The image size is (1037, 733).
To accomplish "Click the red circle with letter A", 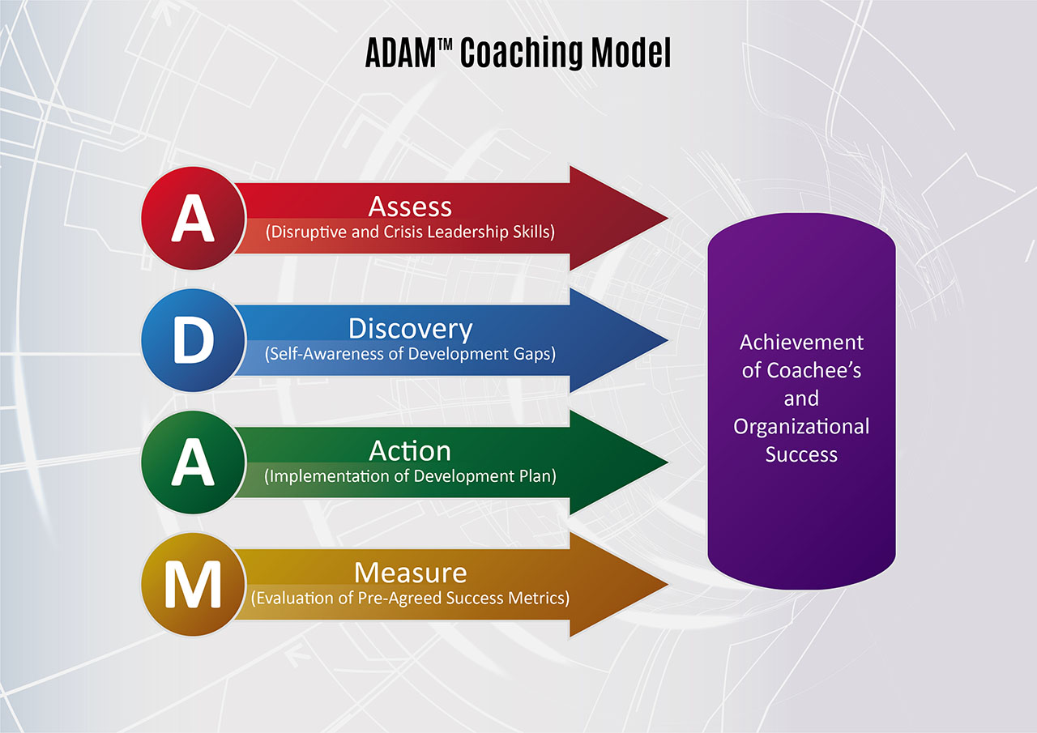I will tap(193, 219).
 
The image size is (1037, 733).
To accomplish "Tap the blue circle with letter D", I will tap(193, 340).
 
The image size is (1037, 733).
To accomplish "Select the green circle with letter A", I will tap(193, 462).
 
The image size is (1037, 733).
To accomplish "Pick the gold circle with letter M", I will tap(193, 585).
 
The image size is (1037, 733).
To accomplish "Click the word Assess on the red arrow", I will tap(410, 207).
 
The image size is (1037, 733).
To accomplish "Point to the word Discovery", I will tap(410, 329).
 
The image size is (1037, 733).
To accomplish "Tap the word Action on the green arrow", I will tap(410, 450).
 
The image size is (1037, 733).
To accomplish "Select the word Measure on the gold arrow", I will tap(410, 573).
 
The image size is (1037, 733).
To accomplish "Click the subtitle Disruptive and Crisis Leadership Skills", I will tap(410, 232).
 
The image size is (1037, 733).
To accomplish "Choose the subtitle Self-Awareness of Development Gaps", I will tap(410, 354).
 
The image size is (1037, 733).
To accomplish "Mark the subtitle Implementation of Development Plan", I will tap(410, 476).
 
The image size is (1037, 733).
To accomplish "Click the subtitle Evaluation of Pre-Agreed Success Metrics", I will tap(410, 599).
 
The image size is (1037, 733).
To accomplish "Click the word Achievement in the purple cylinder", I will tap(801, 342).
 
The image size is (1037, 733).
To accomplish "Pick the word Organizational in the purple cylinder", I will tap(801, 426).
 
